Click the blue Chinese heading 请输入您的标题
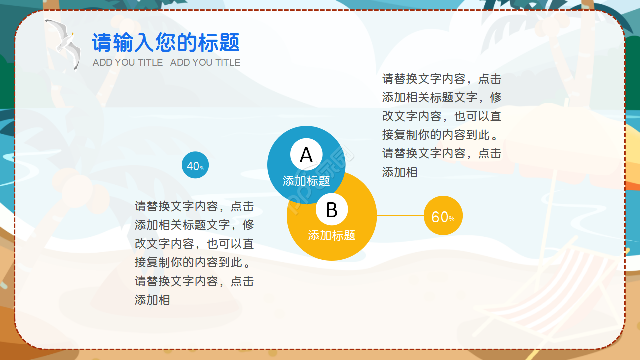[166, 43]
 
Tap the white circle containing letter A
[306, 155]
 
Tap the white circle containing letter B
[332, 210]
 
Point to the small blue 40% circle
[195, 165]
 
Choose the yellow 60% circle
[443, 216]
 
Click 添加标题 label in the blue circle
[306, 181]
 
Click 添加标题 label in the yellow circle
[332, 235]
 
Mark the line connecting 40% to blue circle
[238, 165]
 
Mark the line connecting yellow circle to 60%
[400, 215]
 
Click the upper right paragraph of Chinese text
[442, 125]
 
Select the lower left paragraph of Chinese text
[194, 253]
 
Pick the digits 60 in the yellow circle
[440, 217]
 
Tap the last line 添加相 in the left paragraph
[152, 300]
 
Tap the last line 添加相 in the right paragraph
[400, 172]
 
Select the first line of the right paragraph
[442, 79]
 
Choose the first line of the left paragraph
[194, 206]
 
